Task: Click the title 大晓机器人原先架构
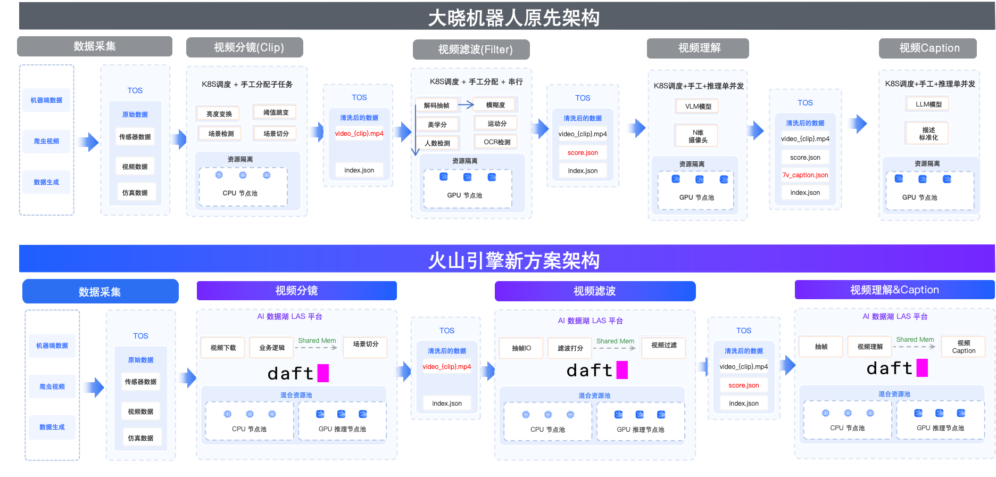(x=513, y=18)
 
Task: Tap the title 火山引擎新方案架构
(x=513, y=261)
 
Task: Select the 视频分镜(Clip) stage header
(x=245, y=47)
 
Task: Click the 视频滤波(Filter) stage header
(x=471, y=50)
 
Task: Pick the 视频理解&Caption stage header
(x=894, y=290)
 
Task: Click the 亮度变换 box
(x=219, y=114)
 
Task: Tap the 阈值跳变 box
(x=276, y=112)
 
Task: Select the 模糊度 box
(x=495, y=105)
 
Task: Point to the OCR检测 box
(x=496, y=142)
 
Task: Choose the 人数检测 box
(x=437, y=143)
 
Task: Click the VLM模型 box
(x=698, y=106)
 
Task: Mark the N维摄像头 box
(x=698, y=136)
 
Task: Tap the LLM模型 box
(x=928, y=104)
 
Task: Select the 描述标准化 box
(x=928, y=134)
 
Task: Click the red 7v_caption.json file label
(x=805, y=175)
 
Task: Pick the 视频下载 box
(x=223, y=348)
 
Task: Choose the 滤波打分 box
(x=570, y=348)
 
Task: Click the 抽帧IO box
(x=521, y=348)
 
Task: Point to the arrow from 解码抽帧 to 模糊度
(x=466, y=105)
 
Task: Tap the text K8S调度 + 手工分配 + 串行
(x=476, y=81)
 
